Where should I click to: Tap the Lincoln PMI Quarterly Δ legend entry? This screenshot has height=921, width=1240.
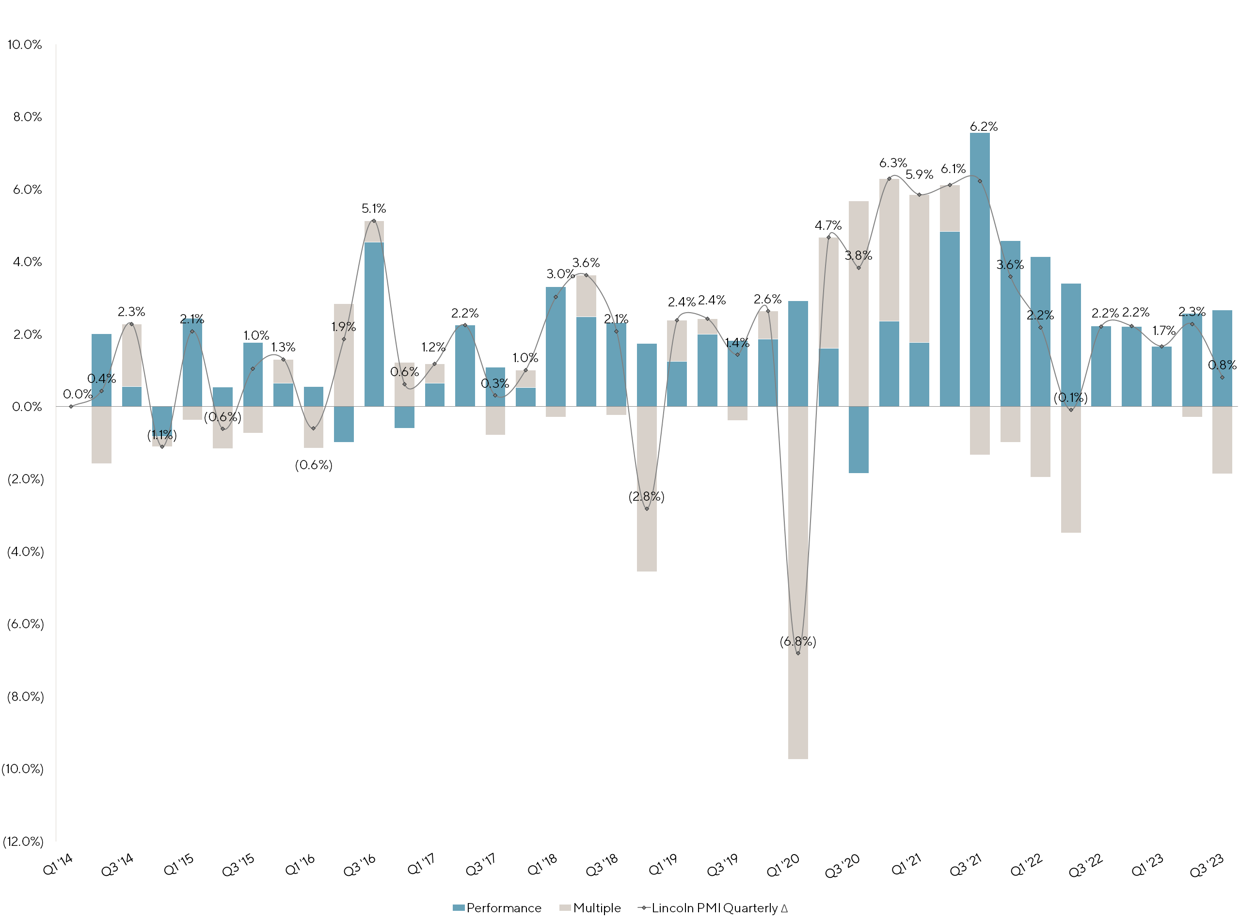point(713,907)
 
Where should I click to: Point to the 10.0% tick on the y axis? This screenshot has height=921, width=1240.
point(25,45)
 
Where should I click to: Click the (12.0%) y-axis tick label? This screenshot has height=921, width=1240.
point(23,842)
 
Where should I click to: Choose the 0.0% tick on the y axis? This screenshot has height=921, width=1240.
point(27,406)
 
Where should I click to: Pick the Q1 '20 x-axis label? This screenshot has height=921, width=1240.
point(783,865)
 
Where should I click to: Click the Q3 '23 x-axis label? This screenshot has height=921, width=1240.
point(1207,865)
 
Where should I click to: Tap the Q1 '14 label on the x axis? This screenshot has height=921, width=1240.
point(58,865)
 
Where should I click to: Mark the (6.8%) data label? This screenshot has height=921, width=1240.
point(797,641)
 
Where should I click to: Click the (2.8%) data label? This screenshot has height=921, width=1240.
point(646,496)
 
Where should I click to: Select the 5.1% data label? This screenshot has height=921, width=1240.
point(374,208)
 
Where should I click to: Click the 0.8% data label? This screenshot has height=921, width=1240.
point(1222,365)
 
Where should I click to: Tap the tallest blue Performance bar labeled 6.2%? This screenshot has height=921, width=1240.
point(980,268)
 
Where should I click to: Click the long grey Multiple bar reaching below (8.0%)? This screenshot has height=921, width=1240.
point(798,697)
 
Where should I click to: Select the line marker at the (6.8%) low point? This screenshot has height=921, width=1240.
point(798,653)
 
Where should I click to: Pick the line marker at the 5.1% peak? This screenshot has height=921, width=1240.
point(374,221)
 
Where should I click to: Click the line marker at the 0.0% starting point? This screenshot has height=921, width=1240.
point(71,406)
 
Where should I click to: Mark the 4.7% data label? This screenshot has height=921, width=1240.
point(828,225)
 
